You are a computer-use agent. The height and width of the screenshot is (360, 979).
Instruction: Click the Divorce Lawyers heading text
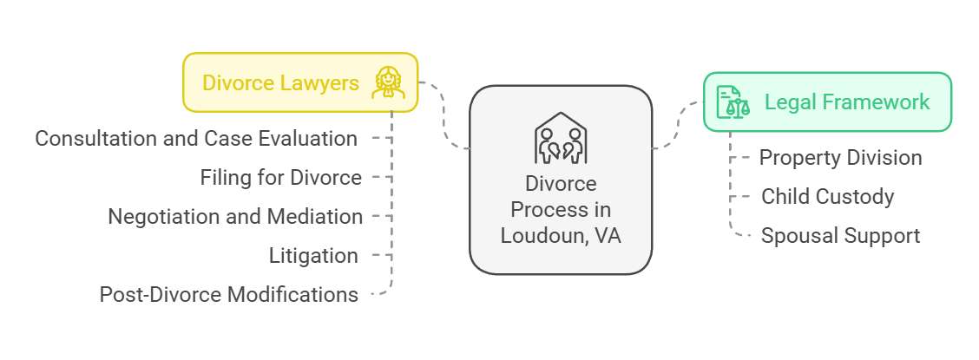coord(279,83)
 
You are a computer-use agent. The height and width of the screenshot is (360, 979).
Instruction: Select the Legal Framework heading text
coord(846,102)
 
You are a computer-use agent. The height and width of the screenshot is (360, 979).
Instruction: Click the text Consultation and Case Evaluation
coord(196,139)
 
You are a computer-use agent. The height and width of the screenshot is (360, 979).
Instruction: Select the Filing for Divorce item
coord(280,178)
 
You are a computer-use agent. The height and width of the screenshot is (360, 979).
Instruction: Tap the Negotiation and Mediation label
coord(235,217)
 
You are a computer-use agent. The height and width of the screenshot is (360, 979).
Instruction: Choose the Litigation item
coord(313,256)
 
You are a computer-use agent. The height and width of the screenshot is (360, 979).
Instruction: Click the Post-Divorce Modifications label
coord(229,295)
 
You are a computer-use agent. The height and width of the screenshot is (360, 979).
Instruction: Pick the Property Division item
coord(840,158)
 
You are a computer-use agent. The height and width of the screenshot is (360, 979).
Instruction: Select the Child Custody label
coord(827,197)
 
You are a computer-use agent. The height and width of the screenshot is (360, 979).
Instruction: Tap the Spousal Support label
coord(840,236)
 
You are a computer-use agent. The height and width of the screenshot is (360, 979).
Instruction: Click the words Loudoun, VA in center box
coord(561,234)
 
